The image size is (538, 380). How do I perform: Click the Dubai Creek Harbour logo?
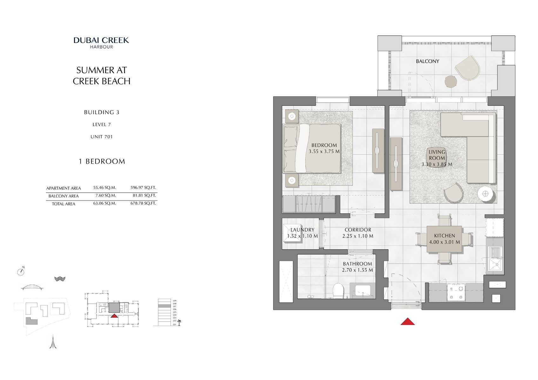coord(101,43)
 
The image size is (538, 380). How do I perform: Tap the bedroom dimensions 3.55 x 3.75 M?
coord(324,151)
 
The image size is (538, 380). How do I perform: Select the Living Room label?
coord(437,155)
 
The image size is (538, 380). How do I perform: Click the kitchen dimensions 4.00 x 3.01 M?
coord(444,242)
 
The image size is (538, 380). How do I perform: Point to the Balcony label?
coord(427,61)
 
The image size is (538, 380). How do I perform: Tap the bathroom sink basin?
coord(362,290)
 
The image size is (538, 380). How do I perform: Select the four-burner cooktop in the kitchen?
coord(456,292)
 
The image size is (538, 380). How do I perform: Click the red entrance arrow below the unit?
coord(407,322)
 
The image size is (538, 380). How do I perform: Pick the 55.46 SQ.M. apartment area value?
coord(104,188)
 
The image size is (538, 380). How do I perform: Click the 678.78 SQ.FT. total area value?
coord(143,203)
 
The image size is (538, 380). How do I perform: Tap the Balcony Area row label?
coord(64,196)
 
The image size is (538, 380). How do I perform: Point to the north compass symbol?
coord(21,271)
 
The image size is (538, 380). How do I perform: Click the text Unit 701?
coord(101,137)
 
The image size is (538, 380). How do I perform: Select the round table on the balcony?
coord(451,81)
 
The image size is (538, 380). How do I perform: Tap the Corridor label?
coord(358,230)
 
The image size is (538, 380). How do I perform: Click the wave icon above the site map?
coord(60,279)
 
